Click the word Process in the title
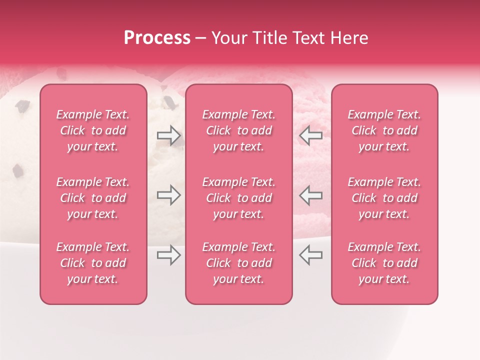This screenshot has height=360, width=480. click(157, 38)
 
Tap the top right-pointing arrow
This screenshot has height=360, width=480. click(169, 135)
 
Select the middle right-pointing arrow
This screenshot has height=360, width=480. click(169, 195)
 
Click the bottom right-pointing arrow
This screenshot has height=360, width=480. click(169, 255)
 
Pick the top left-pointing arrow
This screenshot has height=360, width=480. click(310, 135)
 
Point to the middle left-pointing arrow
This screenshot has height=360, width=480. click(310, 195)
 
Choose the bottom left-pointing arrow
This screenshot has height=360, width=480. click(310, 255)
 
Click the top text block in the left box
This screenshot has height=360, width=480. click(93, 130)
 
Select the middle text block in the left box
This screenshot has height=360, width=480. click(93, 198)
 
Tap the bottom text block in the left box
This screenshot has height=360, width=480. click(93, 263)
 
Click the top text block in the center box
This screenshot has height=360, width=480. click(238, 130)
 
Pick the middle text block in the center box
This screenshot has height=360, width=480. click(238, 198)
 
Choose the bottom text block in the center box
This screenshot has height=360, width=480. click(238, 263)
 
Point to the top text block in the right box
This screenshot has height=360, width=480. click(384, 130)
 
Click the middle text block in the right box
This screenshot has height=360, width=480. click(384, 198)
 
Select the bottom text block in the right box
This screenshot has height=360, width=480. click(384, 263)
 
